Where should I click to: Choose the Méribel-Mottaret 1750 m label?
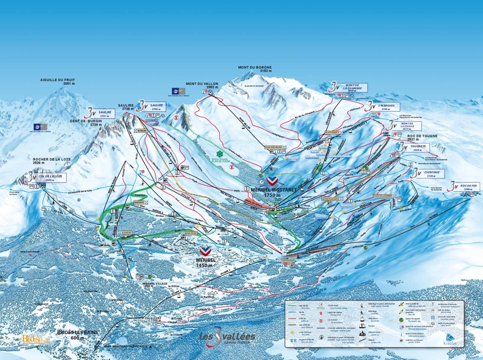click(271, 192)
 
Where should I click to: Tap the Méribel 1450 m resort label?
click(205, 262)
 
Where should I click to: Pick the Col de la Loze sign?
click(50, 176)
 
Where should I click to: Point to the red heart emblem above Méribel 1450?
click(205, 249)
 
